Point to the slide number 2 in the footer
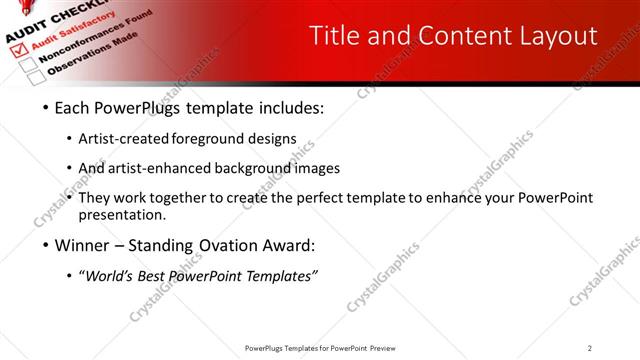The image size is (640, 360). pos(590,348)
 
